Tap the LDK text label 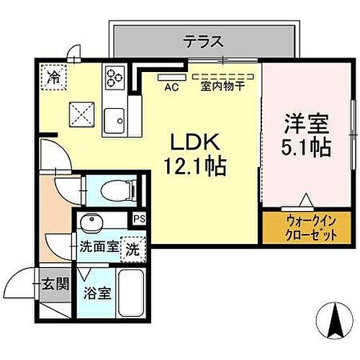tap(189, 141)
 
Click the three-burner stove tap(115, 76)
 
